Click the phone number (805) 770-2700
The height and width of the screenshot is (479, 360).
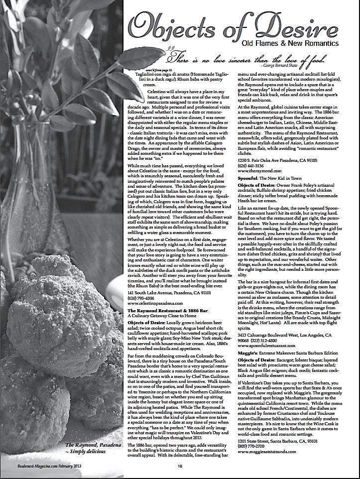[x=252, y=446]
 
